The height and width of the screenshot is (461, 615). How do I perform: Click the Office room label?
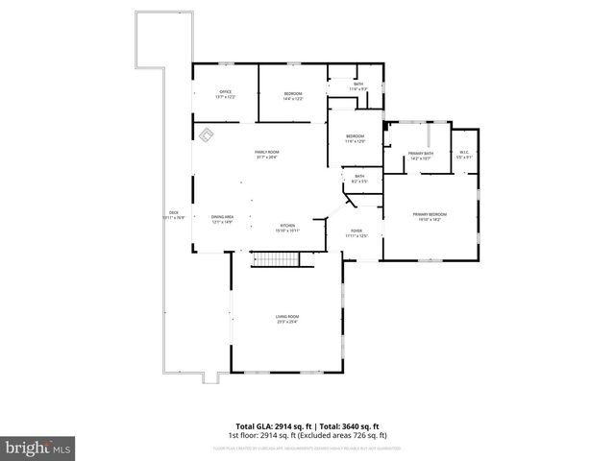coord(225,92)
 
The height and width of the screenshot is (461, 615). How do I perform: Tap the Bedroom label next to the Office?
coord(293,93)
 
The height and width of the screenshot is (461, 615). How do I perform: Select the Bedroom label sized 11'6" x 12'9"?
coord(356,137)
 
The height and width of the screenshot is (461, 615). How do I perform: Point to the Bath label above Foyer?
coord(359,177)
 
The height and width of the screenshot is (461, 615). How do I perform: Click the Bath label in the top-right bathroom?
coord(358,85)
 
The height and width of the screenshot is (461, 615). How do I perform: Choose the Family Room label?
coord(266,154)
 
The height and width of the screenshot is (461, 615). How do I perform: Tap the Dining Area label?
coord(223,217)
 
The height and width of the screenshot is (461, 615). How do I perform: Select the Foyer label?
coord(357,231)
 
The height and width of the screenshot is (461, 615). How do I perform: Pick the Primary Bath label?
coord(421,154)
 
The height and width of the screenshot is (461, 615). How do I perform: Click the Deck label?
coord(174,212)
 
